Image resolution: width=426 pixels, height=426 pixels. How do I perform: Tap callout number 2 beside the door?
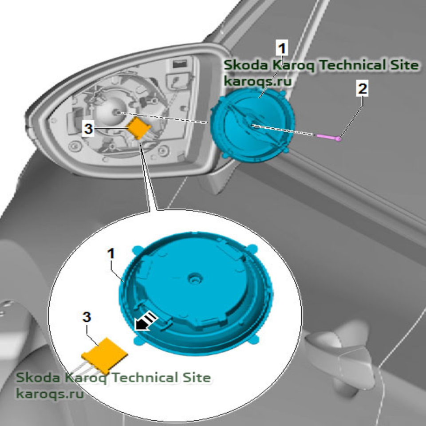coord(363,89)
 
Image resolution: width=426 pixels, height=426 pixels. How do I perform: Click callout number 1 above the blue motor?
coord(282,47)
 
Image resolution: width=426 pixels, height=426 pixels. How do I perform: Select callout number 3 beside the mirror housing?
coord(89,129)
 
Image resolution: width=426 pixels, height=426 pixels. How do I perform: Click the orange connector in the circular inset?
coord(105,355)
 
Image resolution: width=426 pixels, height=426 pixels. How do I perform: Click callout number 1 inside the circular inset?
coord(111,254)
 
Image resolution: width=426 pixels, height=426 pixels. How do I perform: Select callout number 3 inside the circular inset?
coord(87,317)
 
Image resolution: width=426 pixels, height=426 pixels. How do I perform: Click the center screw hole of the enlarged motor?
coord(194,279)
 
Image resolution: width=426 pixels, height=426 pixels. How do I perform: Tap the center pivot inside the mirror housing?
coord(117,112)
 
